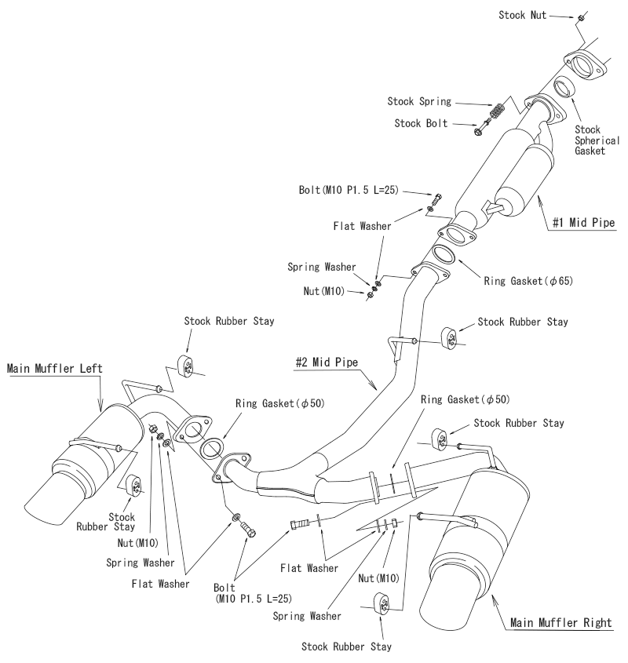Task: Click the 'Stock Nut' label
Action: click(x=524, y=15)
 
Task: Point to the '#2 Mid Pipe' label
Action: click(x=329, y=362)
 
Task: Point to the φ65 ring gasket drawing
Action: click(x=444, y=257)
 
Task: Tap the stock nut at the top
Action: click(x=579, y=16)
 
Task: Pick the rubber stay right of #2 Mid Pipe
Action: click(x=451, y=337)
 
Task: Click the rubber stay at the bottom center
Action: click(x=379, y=606)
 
